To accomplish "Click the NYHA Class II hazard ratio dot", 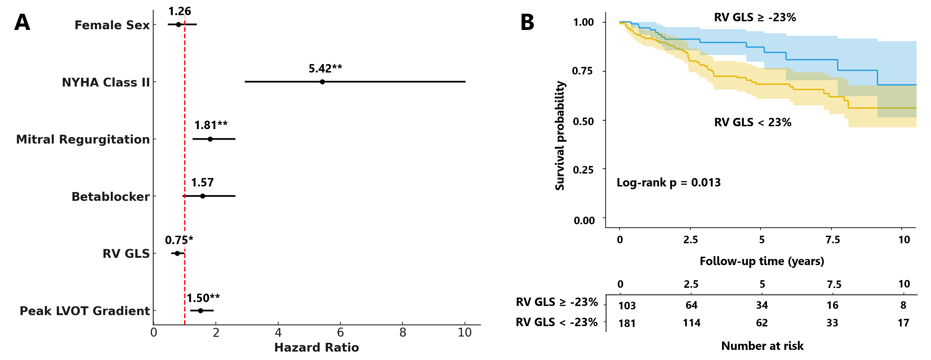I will coord(322,82).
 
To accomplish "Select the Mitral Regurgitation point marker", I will coord(210,139).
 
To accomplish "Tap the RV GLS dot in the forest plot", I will coord(177,253).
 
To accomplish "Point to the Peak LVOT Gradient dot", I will coord(200,311).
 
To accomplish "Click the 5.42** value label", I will coord(325,68).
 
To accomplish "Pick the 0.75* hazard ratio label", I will coord(179,240).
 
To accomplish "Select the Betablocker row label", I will coord(110,197).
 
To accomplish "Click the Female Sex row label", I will coord(112,25).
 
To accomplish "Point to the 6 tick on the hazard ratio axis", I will coord(340,333).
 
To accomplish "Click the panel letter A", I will coord(22,22).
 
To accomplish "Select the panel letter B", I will coord(527,22).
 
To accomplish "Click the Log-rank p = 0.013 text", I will coord(668,183).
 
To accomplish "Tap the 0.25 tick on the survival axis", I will coord(583,170).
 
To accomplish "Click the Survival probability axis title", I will coord(559,135).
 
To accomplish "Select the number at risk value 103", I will coord(627,306).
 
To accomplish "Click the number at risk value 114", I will coord(691,323).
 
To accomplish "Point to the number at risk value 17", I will coord(903,323).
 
